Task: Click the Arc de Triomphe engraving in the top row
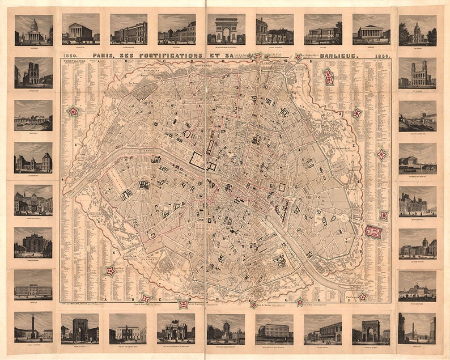pyautogui.click(x=226, y=29)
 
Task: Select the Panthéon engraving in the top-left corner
pyautogui.click(x=33, y=30)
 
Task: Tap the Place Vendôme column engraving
pyautogui.click(x=33, y=327)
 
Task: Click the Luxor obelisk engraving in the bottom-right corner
pyautogui.click(x=417, y=328)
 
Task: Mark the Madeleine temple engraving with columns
pyautogui.click(x=80, y=29)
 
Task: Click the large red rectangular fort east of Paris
pyautogui.click(x=373, y=231)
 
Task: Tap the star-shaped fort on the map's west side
pyautogui.click(x=73, y=112)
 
